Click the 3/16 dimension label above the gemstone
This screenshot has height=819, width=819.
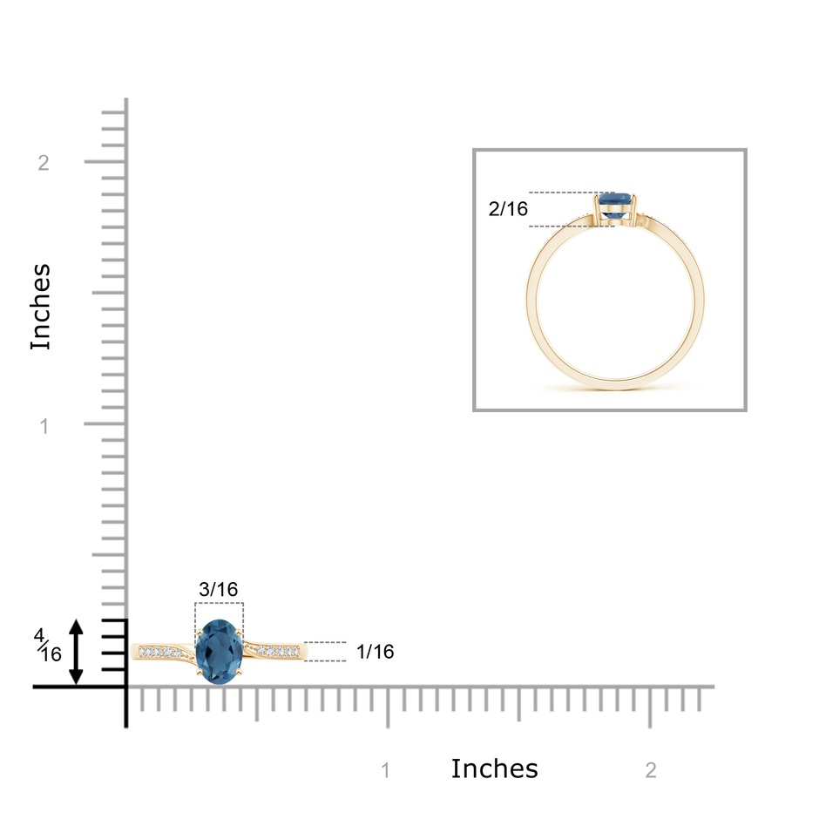[219, 589]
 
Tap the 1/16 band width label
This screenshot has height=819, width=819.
[375, 652]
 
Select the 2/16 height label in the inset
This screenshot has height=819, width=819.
[508, 209]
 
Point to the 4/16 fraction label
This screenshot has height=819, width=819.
[48, 645]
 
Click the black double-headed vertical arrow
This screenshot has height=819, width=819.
[77, 652]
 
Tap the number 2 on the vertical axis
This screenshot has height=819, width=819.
[44, 163]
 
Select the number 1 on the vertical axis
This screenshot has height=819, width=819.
[44, 426]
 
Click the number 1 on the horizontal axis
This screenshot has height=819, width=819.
[385, 770]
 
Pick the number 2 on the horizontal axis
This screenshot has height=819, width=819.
[650, 770]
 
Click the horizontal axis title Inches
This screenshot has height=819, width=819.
[494, 768]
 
